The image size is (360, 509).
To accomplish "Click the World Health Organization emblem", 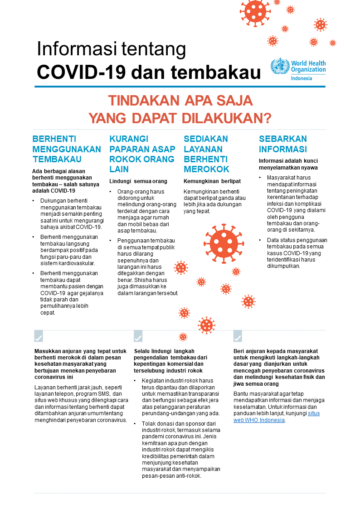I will click(x=280, y=67).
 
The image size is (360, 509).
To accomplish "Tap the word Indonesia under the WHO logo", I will click(x=302, y=78).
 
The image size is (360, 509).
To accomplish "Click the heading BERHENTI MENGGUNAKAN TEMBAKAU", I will click(x=67, y=149).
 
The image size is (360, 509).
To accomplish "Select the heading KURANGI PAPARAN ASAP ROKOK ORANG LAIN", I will click(x=142, y=154).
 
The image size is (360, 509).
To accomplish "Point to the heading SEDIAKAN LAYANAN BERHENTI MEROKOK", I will click(x=206, y=154).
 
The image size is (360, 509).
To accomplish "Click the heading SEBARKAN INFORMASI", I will click(x=283, y=144).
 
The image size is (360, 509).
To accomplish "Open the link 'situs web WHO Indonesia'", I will click(x=277, y=417).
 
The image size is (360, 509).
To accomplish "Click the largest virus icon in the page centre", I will click(x=224, y=241).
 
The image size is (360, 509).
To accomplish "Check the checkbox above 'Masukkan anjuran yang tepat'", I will click(x=39, y=336).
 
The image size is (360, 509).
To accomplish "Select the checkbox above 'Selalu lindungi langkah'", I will click(x=138, y=336).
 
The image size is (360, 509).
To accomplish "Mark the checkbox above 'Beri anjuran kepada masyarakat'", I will click(x=238, y=336).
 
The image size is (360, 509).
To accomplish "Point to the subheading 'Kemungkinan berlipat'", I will click(x=206, y=181).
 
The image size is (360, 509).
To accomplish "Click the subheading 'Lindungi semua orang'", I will click(x=138, y=181).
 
